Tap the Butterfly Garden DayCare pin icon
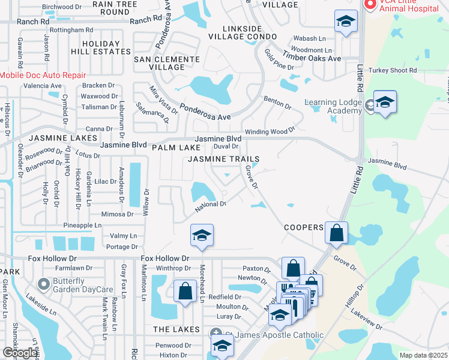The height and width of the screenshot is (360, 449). (x=43, y=283)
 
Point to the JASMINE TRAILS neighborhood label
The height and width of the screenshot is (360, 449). (x=224, y=159)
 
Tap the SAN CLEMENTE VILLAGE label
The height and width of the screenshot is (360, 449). (x=166, y=63)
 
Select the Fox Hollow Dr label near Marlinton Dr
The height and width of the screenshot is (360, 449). (x=165, y=258)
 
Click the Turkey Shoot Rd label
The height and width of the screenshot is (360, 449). (x=393, y=70)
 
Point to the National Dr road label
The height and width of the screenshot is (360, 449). (x=210, y=207)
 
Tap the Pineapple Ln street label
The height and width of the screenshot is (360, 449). (x=82, y=226)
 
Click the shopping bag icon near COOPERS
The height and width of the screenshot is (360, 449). (x=337, y=232)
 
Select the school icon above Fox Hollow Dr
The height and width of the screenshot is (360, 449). (x=202, y=235)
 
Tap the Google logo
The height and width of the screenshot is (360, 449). (x=19, y=353)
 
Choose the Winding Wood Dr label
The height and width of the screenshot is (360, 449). (x=269, y=131)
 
